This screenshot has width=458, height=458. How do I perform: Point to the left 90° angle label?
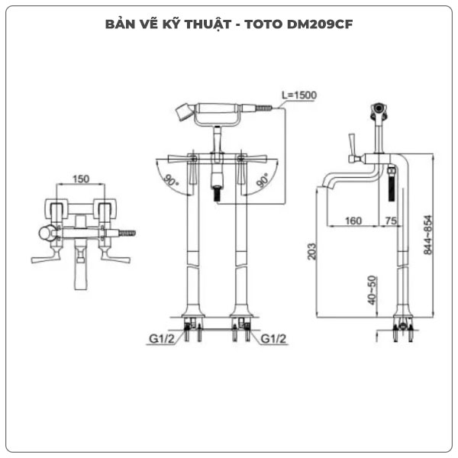(x=169, y=181)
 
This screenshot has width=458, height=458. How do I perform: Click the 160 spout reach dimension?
(x=352, y=221)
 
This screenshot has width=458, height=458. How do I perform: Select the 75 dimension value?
(x=391, y=221)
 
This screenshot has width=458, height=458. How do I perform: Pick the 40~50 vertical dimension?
(x=372, y=290)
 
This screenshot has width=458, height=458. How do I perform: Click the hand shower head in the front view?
(x=184, y=112)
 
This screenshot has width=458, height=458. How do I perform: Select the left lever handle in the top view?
(x=44, y=257)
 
